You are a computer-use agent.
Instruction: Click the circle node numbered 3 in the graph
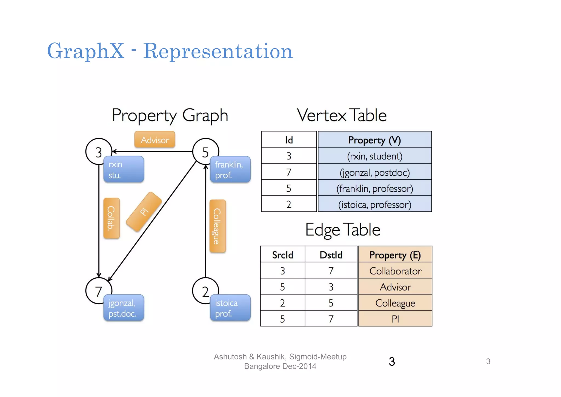[x=99, y=152]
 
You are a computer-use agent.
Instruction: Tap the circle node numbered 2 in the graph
[x=205, y=291]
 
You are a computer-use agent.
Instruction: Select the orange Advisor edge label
[x=155, y=140]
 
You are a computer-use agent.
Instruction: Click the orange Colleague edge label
[x=217, y=226]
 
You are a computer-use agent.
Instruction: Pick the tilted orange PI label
[x=144, y=212]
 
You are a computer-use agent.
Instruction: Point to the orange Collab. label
[x=111, y=218]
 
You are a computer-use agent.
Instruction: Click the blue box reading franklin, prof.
[x=230, y=169]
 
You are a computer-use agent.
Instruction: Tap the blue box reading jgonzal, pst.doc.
[x=124, y=308]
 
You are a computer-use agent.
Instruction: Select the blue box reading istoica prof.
[x=230, y=308]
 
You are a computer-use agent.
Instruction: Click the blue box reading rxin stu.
[x=124, y=169]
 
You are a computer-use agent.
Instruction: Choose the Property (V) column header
[x=374, y=140]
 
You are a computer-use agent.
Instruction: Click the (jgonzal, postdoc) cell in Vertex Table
[x=374, y=172]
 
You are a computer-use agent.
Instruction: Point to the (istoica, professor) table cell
[x=374, y=204]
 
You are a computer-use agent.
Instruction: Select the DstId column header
[x=331, y=255]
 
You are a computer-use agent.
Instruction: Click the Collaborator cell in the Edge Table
[x=395, y=271]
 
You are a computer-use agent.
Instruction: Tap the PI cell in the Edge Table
[x=395, y=319]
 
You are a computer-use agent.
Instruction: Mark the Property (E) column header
[x=395, y=255]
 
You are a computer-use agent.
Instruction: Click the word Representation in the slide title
[x=218, y=51]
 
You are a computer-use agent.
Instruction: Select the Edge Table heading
[x=343, y=230]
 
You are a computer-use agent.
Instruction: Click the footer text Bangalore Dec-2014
[x=280, y=366]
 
